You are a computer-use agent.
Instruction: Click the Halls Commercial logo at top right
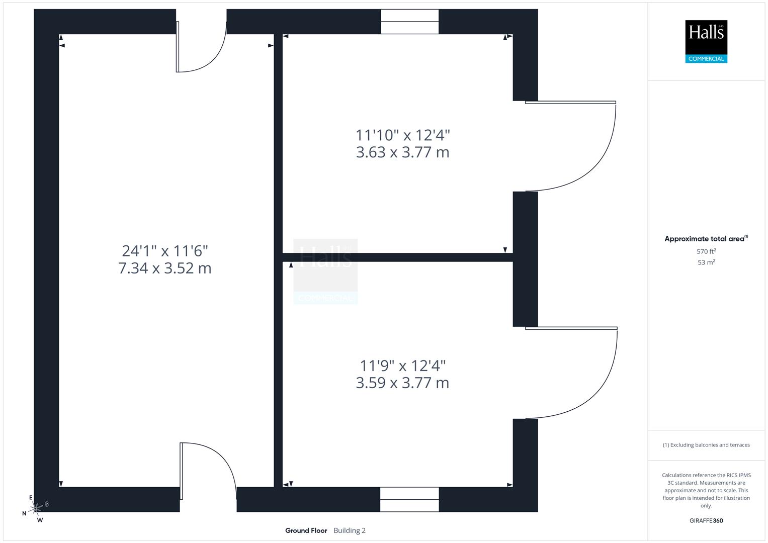tap(706, 41)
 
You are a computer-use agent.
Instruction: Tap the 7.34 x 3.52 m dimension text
tap(165, 268)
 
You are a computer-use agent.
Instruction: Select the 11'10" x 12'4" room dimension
tap(402, 135)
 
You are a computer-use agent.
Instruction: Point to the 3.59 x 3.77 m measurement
tap(402, 383)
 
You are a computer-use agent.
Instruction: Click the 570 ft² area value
tap(706, 251)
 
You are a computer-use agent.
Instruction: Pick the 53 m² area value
tap(706, 262)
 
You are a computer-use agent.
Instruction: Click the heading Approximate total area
tap(705, 239)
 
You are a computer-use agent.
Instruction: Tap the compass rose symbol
tap(36, 509)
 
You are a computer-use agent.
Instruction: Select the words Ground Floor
tap(306, 530)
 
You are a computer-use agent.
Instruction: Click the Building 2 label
tap(350, 530)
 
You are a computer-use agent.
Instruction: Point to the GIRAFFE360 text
tap(706, 520)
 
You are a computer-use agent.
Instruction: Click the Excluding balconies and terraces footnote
tap(706, 445)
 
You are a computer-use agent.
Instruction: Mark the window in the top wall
tap(409, 22)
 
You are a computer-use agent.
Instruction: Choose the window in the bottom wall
tap(409, 499)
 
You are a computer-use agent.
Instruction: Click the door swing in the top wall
tap(200, 50)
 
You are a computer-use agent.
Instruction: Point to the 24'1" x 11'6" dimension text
tap(165, 250)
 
